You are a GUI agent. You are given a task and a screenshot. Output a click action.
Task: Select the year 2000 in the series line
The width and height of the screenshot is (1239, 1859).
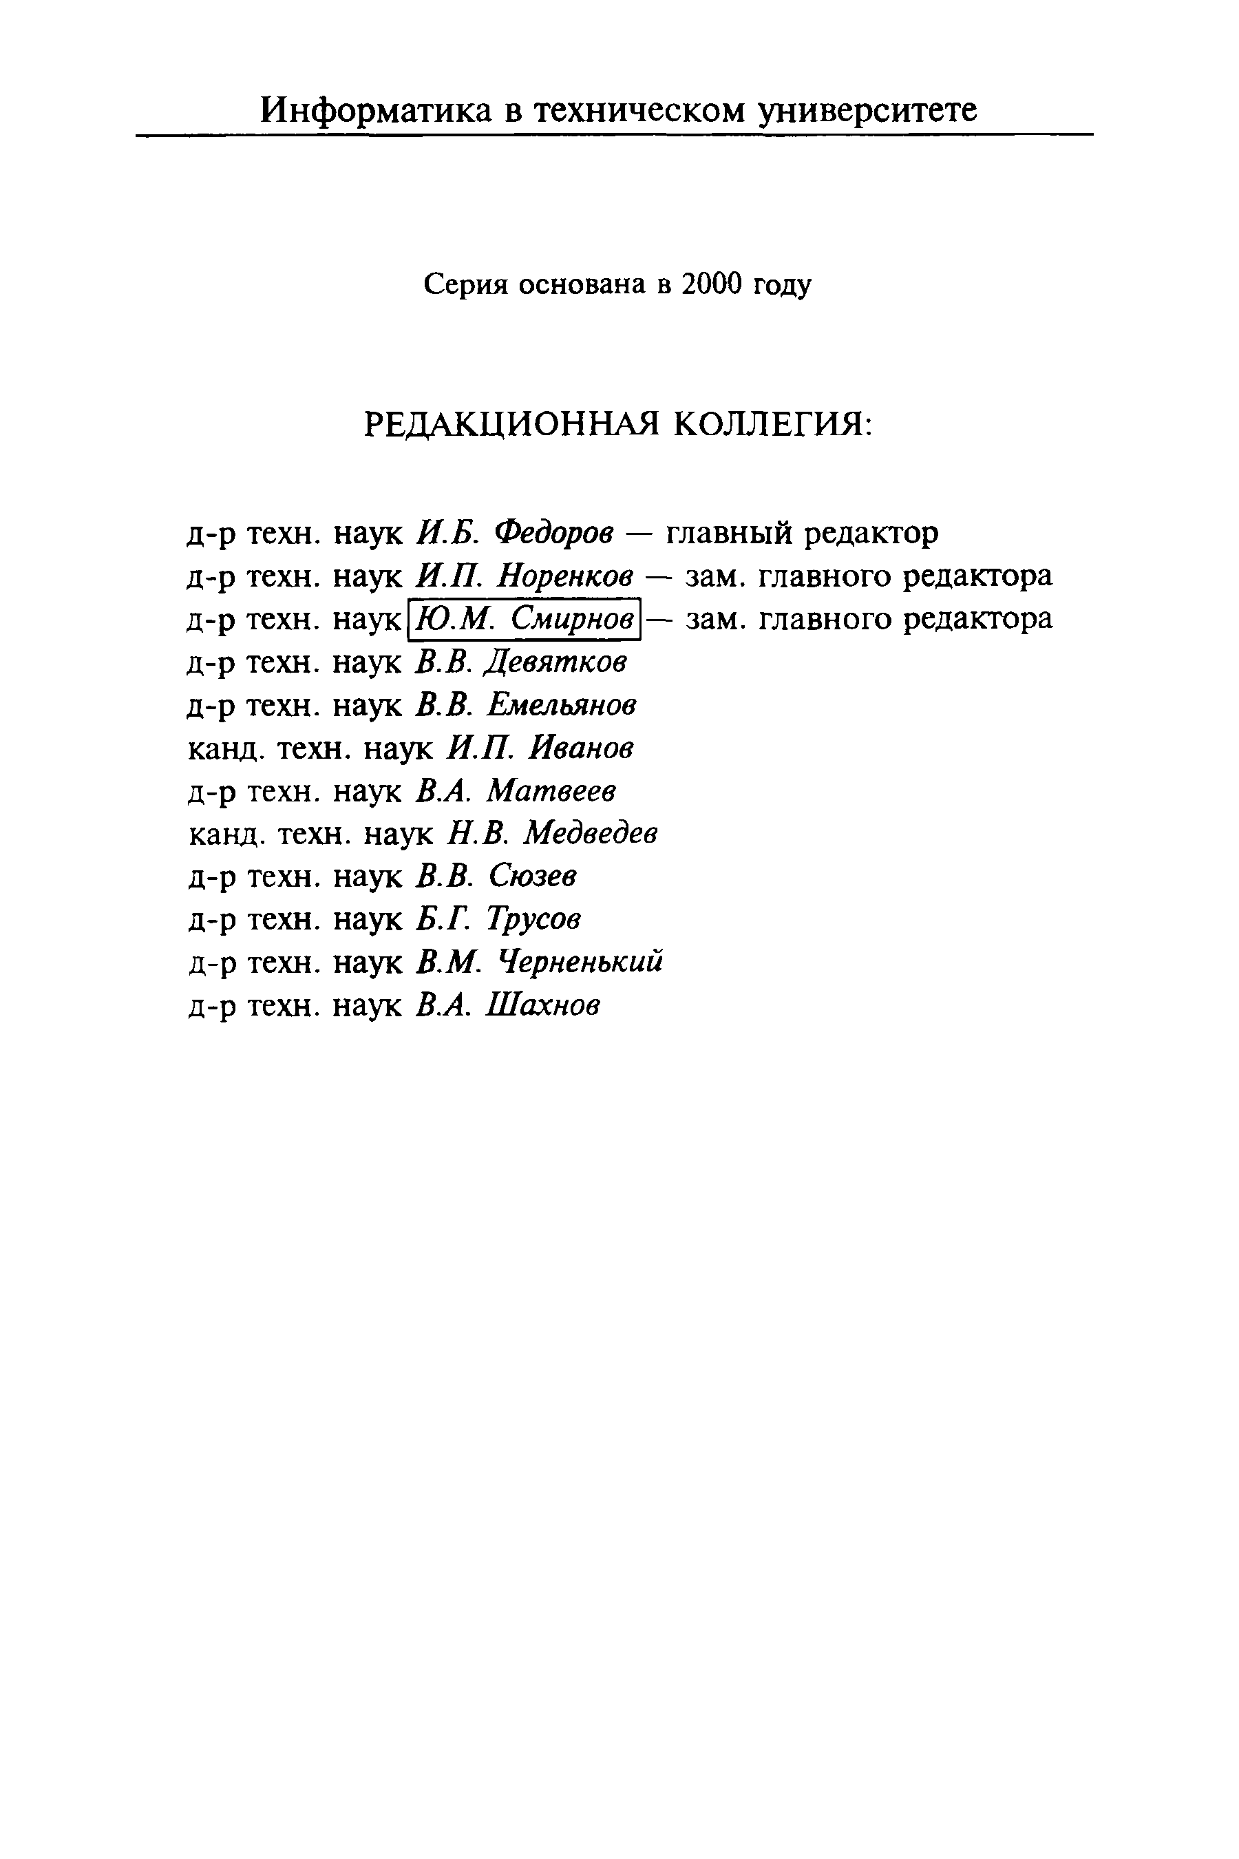(x=711, y=284)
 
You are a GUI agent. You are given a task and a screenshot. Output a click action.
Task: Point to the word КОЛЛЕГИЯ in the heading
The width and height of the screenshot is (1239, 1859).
(x=774, y=426)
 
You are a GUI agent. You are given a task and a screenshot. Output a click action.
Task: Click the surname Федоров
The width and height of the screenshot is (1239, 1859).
(x=554, y=534)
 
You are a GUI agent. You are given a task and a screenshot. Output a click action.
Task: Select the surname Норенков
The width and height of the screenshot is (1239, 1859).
(x=566, y=576)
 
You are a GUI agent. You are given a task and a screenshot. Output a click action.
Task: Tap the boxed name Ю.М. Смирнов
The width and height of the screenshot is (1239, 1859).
(x=524, y=619)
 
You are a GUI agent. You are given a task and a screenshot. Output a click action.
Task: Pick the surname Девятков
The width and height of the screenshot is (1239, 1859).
(x=555, y=662)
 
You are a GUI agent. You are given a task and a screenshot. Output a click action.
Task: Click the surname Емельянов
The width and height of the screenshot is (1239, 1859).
(x=562, y=705)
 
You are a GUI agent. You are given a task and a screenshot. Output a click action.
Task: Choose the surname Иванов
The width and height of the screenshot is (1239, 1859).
(x=581, y=748)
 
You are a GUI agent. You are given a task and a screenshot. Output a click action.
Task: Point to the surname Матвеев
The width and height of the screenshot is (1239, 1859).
(x=551, y=790)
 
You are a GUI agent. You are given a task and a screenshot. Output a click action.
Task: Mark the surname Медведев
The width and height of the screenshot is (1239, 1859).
(x=591, y=833)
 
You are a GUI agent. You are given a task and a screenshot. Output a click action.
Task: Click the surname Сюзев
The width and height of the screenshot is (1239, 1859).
(x=533, y=876)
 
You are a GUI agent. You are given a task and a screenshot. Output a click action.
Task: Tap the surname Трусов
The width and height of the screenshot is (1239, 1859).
(x=534, y=919)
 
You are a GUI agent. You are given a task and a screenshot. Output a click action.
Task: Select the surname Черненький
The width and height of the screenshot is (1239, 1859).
(x=581, y=962)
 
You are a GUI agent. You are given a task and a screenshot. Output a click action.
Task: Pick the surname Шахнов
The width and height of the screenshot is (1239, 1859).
(x=544, y=1005)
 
